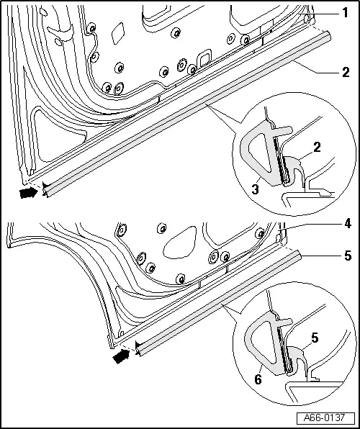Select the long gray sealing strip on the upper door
(x=187, y=115)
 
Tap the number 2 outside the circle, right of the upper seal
(x=346, y=71)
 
